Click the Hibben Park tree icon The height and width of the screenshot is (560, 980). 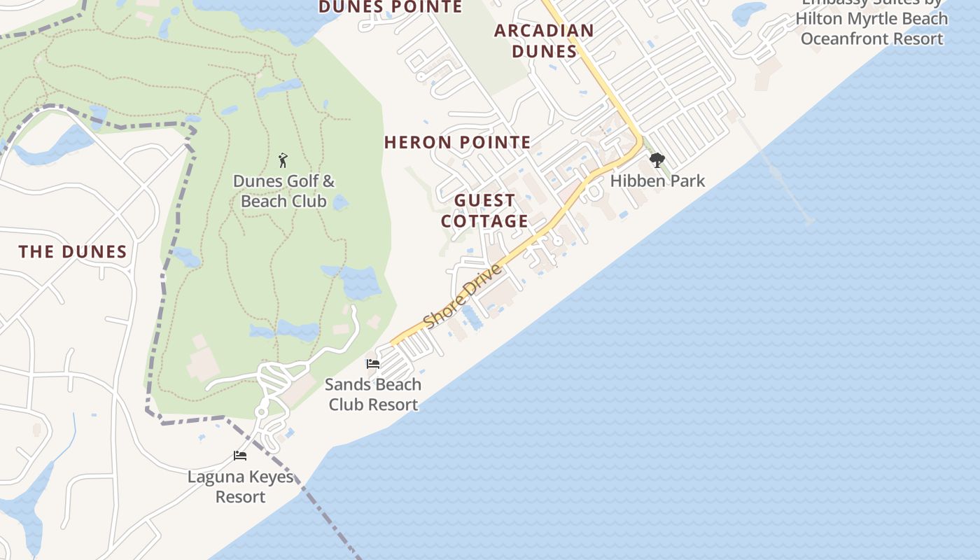point(657,160)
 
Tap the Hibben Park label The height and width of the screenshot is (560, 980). point(657,181)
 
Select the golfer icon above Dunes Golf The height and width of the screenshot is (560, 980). point(283,160)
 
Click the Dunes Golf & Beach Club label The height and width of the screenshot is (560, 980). point(283,191)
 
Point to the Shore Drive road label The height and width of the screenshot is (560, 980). point(463,296)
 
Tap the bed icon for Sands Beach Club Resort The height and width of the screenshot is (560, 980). point(373,364)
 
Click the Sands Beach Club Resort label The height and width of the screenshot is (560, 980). point(373,394)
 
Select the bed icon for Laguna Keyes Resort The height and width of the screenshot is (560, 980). point(240,456)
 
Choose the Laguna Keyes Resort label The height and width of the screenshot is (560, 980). point(240,487)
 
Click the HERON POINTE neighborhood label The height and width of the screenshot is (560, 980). point(458,143)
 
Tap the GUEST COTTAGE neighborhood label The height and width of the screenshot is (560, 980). point(484,211)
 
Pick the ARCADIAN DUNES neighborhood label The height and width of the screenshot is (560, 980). point(544,41)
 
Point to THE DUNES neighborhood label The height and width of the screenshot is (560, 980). point(73,252)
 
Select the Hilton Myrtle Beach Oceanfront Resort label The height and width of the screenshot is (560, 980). point(872,28)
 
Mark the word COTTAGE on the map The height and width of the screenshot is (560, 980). point(484,221)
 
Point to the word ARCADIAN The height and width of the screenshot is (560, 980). point(544,31)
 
